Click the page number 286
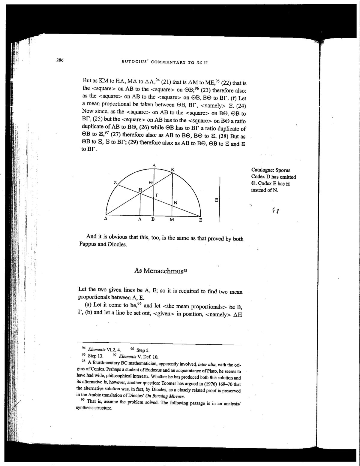pyautogui.click(x=59, y=60)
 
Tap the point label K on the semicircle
pyautogui.click(x=172, y=170)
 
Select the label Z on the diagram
pyautogui.click(x=115, y=183)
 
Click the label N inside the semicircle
pyautogui.click(x=175, y=203)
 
